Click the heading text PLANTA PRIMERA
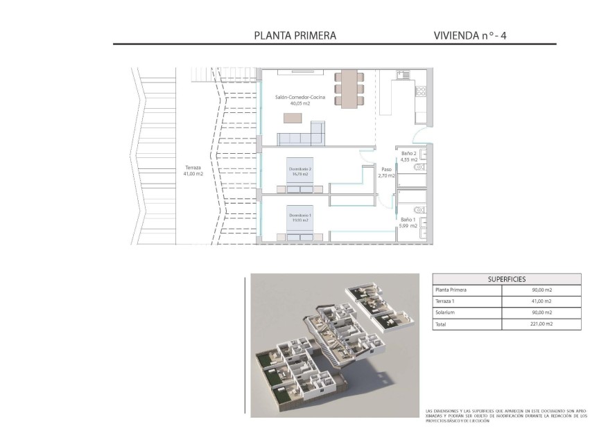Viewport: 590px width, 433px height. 295,35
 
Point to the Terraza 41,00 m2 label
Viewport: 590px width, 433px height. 193,170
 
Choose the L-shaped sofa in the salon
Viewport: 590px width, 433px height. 304,134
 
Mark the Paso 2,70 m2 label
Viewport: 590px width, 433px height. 386,172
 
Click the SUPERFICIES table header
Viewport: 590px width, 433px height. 507,279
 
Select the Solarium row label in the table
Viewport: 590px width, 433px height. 446,312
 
